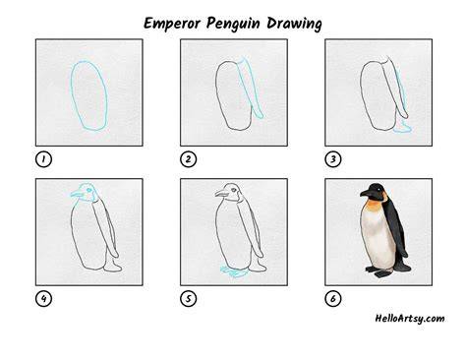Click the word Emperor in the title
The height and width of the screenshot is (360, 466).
[172, 24]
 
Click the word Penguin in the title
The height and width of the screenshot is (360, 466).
[233, 25]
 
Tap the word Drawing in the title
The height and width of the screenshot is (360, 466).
[294, 25]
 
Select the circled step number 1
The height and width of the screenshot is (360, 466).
[43, 159]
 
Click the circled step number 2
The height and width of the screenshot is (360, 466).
[188, 159]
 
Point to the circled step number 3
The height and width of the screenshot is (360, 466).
[333, 159]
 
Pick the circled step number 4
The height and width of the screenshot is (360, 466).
[43, 299]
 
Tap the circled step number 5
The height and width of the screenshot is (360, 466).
[188, 299]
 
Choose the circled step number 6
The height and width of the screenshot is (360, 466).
[333, 299]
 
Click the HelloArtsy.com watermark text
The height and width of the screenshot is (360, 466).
[410, 319]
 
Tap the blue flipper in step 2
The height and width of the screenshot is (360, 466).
[252, 88]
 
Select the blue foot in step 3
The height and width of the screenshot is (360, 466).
[402, 127]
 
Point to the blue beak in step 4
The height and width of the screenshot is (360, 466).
[78, 194]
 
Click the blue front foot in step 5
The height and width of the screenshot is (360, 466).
[233, 271]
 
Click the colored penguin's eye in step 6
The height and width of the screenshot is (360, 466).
[379, 189]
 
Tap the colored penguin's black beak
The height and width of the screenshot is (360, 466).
[366, 194]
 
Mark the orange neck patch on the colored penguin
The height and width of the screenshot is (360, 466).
[374, 206]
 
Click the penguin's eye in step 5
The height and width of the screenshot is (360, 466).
[233, 190]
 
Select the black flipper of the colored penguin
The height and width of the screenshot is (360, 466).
[396, 226]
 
